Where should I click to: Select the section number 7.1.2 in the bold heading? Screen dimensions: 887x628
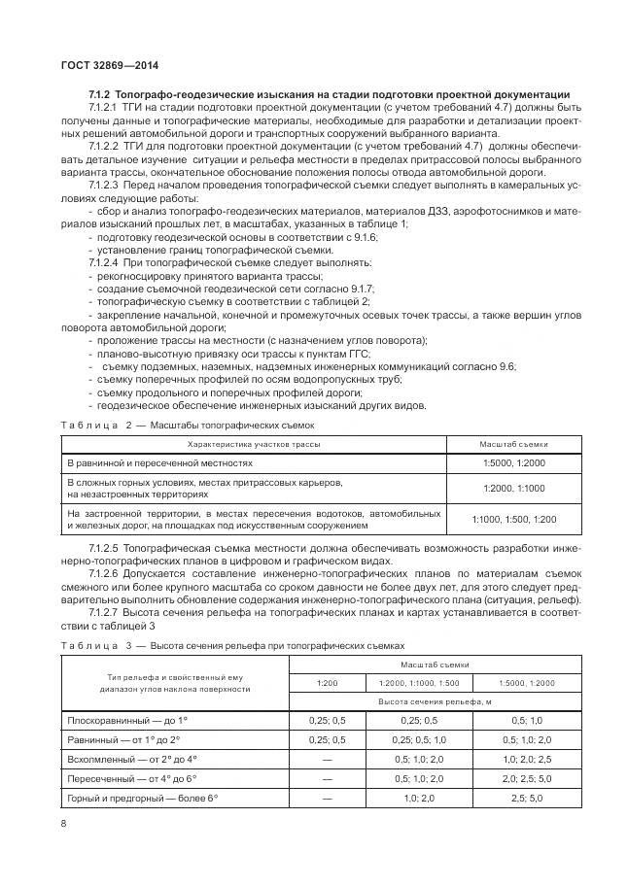101,93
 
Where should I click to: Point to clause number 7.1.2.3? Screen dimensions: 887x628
103,184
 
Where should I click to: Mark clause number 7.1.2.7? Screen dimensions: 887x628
103,612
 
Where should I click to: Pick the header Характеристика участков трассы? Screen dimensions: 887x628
253,444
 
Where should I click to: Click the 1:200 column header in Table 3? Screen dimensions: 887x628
328,683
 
